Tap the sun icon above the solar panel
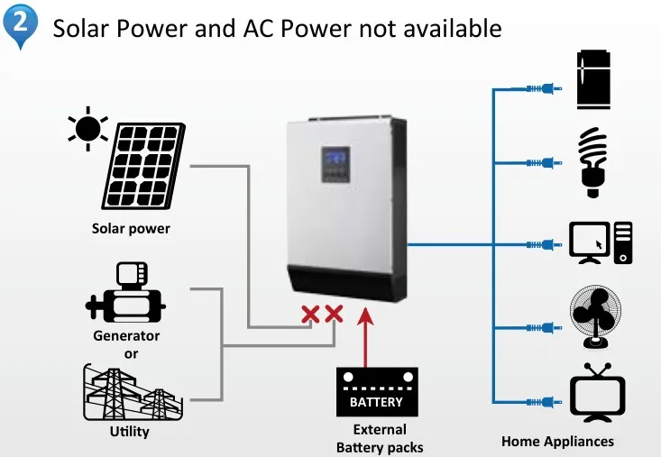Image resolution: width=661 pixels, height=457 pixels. coord(87,129)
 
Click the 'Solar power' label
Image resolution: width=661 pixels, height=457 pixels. coord(131,229)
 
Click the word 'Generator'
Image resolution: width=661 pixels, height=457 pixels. coord(126,336)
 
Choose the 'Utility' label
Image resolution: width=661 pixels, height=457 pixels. coord(129,432)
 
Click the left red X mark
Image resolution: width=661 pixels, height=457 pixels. coord(311,314)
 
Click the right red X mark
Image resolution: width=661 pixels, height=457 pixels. coord(334,314)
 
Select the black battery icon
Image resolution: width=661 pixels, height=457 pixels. coord(377,392)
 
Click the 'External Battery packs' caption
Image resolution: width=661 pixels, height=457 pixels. coord(380,438)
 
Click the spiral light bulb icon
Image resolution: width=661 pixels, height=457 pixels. coord(592,161)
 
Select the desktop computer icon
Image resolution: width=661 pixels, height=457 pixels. coord(601,242)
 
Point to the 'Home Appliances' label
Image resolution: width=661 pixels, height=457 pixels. coord(557,442)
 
